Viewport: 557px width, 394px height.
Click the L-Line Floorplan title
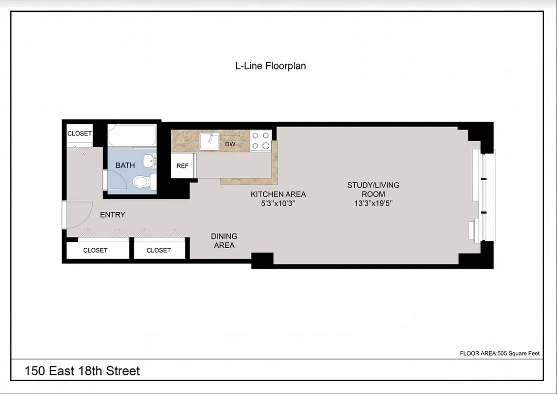pos(271,66)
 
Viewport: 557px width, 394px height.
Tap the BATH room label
pos(125,165)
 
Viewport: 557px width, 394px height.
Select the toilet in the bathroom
pos(142,182)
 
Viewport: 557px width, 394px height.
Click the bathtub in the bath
pos(132,135)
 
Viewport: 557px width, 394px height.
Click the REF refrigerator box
pos(183,166)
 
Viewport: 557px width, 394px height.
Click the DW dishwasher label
pos(230,144)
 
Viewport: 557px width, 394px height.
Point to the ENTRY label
pos(113,215)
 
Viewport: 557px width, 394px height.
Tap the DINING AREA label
pos(224,241)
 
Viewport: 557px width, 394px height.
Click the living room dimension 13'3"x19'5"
pos(373,203)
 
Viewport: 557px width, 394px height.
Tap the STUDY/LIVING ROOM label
pos(373,189)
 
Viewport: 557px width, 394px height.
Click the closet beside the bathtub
pos(79,133)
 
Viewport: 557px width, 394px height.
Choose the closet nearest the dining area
pos(159,250)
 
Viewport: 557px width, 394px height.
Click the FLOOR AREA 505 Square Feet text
pos(499,353)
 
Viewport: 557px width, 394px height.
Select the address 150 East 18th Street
pos(83,371)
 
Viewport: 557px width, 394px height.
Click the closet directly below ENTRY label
pos(95,250)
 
